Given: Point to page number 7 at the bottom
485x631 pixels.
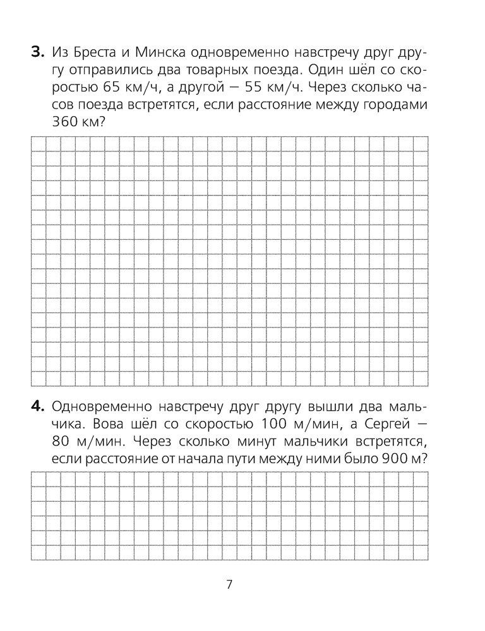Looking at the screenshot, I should point(229,584).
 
